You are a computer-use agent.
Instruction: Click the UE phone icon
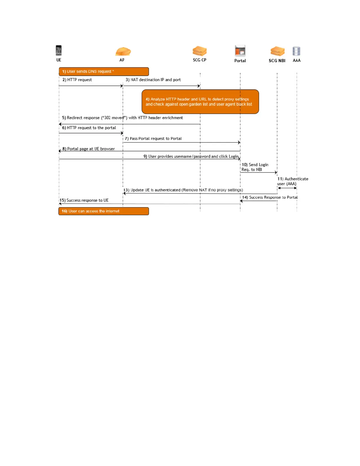(59, 50)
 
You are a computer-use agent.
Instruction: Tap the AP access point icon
(123, 51)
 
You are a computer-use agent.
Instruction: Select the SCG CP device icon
(200, 51)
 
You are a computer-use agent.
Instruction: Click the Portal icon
(240, 51)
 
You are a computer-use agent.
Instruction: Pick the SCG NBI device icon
(277, 51)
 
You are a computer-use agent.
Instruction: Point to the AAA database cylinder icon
(296, 51)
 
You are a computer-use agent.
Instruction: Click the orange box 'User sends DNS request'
(104, 71)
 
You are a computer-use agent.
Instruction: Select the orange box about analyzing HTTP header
(200, 102)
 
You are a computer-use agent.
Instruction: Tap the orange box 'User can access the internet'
(104, 211)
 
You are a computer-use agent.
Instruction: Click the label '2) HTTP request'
(77, 80)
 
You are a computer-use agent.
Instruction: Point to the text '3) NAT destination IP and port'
(153, 80)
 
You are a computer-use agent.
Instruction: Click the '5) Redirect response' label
(122, 118)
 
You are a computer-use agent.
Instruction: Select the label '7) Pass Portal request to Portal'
(153, 139)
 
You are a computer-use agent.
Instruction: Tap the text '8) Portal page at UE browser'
(89, 149)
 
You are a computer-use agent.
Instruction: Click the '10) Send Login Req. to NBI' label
(255, 167)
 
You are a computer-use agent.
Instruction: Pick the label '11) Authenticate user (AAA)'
(292, 181)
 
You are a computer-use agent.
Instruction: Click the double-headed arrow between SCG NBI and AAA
(287, 188)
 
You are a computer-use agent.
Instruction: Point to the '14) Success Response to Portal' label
(270, 197)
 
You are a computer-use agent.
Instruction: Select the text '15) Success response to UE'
(84, 200)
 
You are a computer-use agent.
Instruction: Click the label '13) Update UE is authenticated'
(183, 190)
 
